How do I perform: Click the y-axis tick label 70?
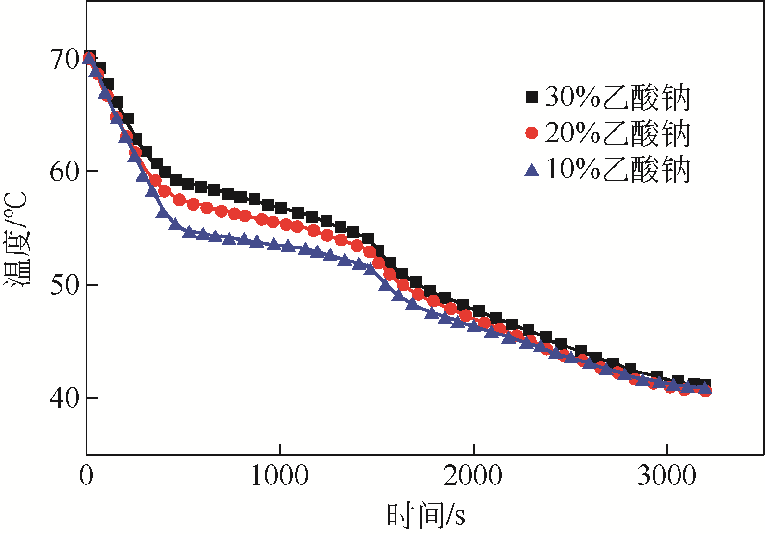[64, 60]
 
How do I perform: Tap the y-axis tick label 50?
[64, 285]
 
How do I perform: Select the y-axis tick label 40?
[64, 398]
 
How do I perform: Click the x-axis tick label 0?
[86, 475]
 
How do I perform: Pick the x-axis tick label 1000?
[280, 475]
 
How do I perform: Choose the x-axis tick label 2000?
[473, 475]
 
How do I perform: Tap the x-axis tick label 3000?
[666, 475]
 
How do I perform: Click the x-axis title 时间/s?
[426, 515]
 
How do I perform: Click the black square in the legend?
[531, 97]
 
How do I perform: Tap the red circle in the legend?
[531, 133]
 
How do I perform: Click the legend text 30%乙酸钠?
[617, 97]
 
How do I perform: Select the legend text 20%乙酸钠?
[617, 133]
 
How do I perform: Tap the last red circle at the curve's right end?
[705, 390]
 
